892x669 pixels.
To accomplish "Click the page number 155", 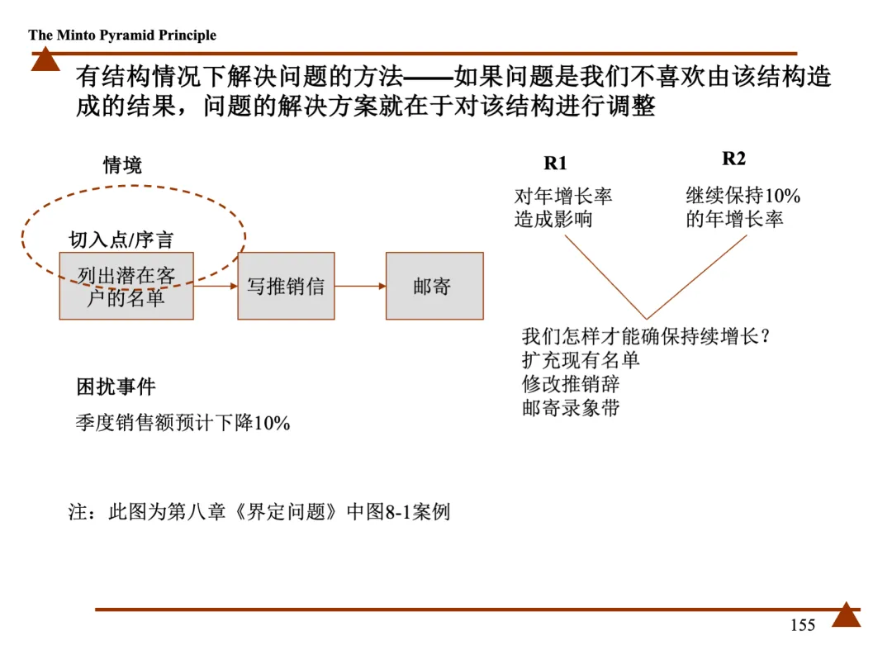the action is coord(802,625).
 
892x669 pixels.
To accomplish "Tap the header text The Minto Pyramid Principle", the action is coord(122,36).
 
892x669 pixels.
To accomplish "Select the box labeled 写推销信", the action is coord(286,287).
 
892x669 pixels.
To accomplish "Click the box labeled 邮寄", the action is coord(434,287).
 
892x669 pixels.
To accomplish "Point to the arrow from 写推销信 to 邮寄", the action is coord(360,287).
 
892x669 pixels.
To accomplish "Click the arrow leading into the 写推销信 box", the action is coord(215,287).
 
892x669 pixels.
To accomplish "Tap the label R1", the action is coord(556,164).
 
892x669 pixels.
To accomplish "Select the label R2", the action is coord(733,159).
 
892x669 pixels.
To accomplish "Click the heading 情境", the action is coord(122,165).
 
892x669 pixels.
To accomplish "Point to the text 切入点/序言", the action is coord(121,240).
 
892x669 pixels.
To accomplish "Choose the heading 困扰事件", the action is coord(116,387).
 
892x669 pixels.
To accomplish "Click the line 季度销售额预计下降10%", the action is coord(183,424).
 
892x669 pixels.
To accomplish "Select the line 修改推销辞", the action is coord(571,384).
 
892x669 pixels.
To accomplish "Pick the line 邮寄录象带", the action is coord(571,408).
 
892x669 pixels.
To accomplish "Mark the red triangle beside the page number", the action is coord(846,615).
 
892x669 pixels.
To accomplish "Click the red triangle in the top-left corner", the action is coord(45,59).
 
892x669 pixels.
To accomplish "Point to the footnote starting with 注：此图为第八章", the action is coord(259,512).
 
